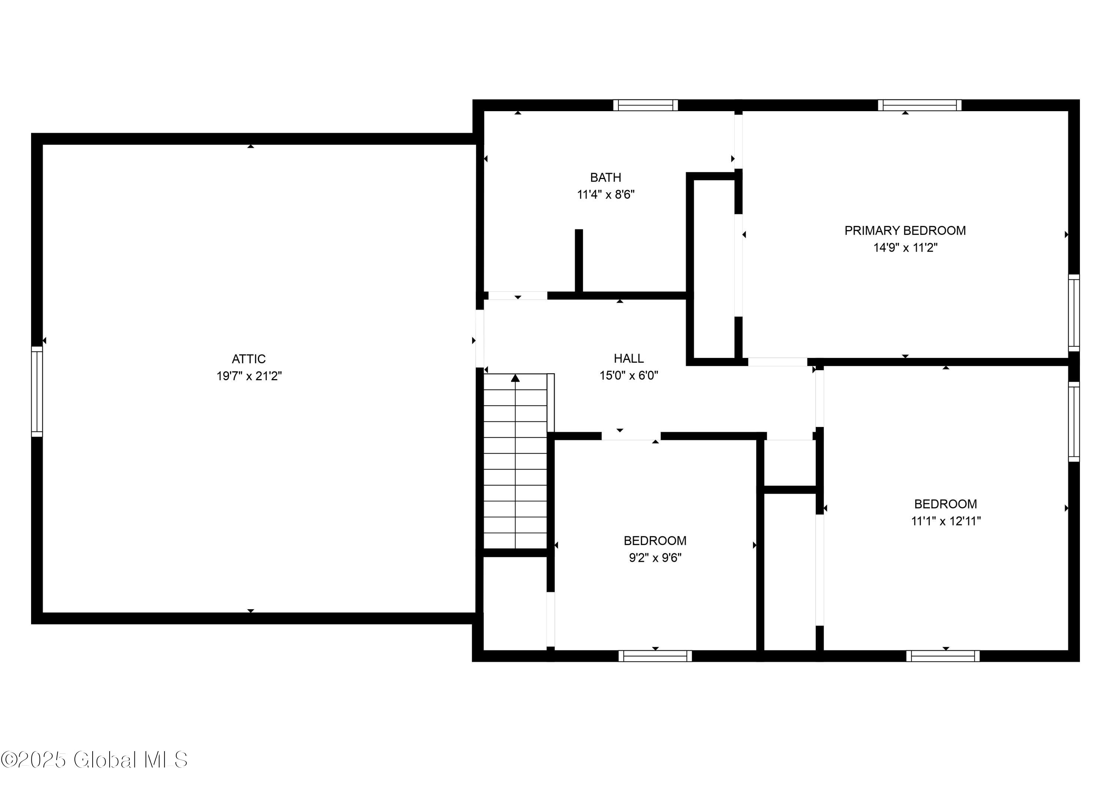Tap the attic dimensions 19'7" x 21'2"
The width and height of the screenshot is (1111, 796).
tap(249, 376)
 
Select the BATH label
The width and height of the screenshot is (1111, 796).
tap(605, 178)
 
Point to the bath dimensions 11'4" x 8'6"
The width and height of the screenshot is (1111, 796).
tap(605, 195)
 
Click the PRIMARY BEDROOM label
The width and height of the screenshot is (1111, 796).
tap(905, 230)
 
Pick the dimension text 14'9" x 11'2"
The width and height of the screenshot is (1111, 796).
tap(905, 248)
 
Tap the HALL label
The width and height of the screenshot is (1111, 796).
tap(628, 358)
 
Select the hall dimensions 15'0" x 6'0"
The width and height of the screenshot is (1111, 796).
tap(628, 375)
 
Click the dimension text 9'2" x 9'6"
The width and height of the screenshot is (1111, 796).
tap(655, 558)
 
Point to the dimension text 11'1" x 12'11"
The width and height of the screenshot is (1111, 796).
tap(945, 521)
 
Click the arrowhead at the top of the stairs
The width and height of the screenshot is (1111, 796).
tap(516, 378)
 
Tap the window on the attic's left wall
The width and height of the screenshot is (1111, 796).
tap(37, 391)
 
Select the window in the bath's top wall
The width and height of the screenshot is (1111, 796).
tap(645, 105)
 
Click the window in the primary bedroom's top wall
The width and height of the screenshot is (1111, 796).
tap(920, 105)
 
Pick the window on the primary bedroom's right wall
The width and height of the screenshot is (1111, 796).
tap(1073, 313)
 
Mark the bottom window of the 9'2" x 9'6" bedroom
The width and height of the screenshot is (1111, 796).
tap(655, 656)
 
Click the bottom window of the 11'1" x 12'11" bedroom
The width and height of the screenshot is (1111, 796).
tap(942, 656)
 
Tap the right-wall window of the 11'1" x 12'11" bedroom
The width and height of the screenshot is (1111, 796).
tap(1073, 421)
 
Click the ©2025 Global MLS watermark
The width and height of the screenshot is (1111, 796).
tap(94, 760)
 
